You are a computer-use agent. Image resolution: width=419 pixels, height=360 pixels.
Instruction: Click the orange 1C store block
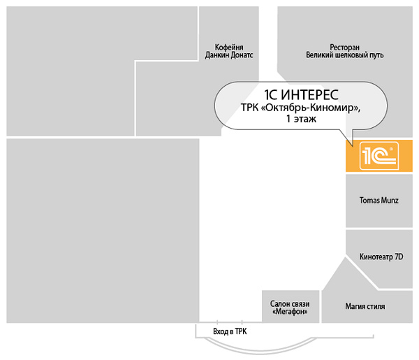pyautogui.click(x=379, y=156)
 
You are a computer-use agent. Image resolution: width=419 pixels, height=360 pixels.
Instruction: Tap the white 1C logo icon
pyautogui.click(x=379, y=156)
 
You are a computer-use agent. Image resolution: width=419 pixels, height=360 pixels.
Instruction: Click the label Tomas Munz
pyautogui.click(x=379, y=201)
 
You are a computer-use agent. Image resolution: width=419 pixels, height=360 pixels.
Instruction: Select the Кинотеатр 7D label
pyautogui.click(x=381, y=257)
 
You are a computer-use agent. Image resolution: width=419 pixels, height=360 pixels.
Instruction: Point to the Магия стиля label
pyautogui.click(x=365, y=306)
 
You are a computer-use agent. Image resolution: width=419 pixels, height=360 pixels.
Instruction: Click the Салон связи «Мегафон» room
pyautogui.click(x=291, y=306)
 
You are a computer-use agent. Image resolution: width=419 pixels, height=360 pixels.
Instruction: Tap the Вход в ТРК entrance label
pyautogui.click(x=230, y=331)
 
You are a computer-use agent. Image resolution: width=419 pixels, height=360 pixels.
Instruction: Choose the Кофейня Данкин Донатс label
pyautogui.click(x=229, y=51)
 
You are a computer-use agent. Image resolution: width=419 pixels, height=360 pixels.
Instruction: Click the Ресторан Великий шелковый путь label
pyautogui.click(x=345, y=51)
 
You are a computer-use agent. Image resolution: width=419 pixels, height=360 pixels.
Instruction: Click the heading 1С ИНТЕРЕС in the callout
pyautogui.click(x=301, y=94)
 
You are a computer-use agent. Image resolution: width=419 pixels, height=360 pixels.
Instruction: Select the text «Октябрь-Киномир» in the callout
pyautogui.click(x=310, y=108)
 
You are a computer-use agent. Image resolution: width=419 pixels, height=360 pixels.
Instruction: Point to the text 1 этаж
pyautogui.click(x=301, y=118)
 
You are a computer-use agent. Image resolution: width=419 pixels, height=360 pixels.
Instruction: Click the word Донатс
pyautogui.click(x=242, y=55)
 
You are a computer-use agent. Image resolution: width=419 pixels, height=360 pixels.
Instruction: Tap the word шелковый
pyautogui.click(x=352, y=55)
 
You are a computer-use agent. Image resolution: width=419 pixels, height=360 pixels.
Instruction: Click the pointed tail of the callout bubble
pyautogui.click(x=353, y=146)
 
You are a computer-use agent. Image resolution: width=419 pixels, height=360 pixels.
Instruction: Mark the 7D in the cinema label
pyautogui.click(x=399, y=257)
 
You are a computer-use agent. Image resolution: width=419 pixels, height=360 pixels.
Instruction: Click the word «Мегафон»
pyautogui.click(x=290, y=312)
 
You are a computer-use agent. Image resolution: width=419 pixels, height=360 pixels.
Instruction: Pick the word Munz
pyautogui.click(x=390, y=201)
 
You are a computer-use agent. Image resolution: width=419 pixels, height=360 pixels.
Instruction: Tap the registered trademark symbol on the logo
pyautogui.click(x=391, y=148)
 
